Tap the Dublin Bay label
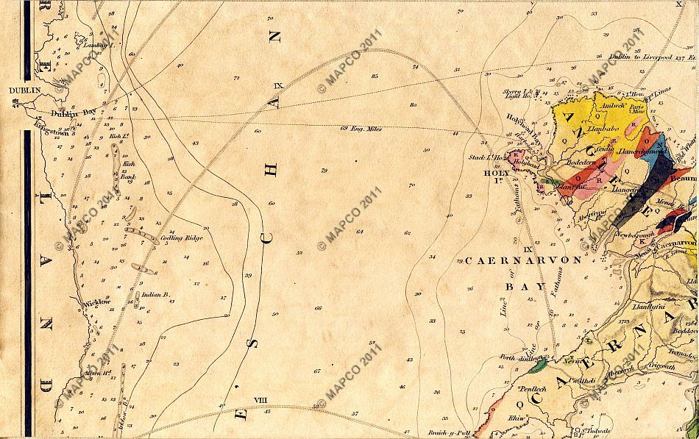pos(74,113)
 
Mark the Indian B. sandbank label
pos(156,294)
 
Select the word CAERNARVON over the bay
pos(522,261)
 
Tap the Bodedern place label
pos(580,163)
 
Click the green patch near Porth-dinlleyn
pos(542,363)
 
